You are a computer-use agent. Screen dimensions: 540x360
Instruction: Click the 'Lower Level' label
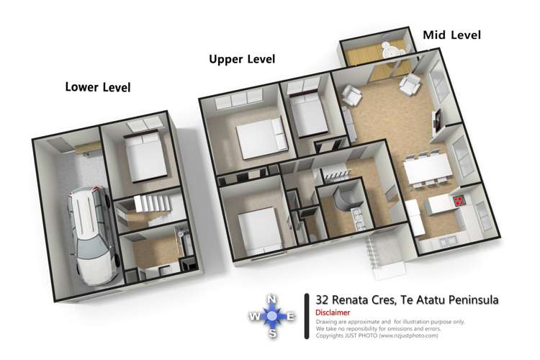(x=98, y=87)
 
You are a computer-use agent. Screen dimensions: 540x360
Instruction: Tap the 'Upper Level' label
(x=242, y=59)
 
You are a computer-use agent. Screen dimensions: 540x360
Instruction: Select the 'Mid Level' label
(x=452, y=35)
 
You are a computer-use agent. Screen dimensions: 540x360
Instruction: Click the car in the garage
(x=91, y=235)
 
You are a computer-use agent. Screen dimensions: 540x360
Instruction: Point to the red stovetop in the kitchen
(x=459, y=200)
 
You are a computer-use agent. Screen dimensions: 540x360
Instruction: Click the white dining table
(x=428, y=168)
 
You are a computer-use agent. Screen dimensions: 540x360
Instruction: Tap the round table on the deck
(x=392, y=50)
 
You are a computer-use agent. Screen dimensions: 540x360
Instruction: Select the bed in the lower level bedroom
(x=145, y=156)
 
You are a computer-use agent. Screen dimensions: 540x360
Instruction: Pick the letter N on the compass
(x=271, y=300)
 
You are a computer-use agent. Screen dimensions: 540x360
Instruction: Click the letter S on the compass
(x=273, y=333)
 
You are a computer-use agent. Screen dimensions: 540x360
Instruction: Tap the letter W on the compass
(x=254, y=316)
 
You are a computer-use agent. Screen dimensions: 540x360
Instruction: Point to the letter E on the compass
(x=291, y=316)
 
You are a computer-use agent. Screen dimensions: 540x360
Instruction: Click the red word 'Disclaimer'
(x=333, y=312)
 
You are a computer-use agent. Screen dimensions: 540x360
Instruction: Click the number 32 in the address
(x=322, y=300)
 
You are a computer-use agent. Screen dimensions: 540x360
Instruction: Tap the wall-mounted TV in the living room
(x=436, y=121)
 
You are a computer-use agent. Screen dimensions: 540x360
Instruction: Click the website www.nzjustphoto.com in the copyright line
(x=408, y=336)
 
